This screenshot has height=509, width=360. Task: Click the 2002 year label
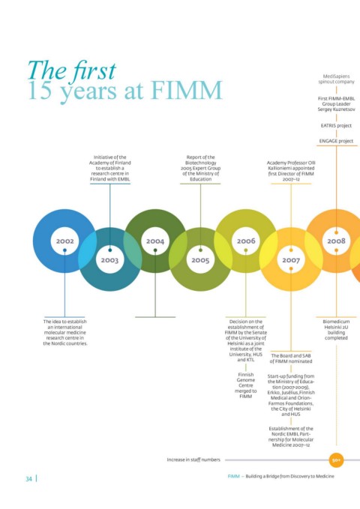click(65, 241)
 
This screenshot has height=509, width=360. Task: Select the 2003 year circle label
click(109, 260)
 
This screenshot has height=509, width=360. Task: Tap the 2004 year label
click(155, 241)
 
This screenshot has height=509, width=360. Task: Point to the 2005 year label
click(200, 260)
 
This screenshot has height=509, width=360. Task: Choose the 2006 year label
click(246, 241)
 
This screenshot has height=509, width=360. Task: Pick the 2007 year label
click(291, 260)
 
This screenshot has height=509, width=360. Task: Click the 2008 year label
click(336, 241)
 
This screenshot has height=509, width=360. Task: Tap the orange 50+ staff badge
click(336, 460)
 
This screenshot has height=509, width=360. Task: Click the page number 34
click(29, 479)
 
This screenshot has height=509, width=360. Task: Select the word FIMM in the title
click(187, 90)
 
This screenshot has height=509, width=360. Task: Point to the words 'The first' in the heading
click(72, 70)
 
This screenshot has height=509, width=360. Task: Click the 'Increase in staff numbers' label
click(193, 460)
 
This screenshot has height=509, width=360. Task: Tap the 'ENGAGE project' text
click(336, 141)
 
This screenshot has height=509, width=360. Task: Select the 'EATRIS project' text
click(336, 126)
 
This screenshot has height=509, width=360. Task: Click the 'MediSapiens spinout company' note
click(336, 79)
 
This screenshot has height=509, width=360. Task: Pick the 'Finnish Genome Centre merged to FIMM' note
click(246, 385)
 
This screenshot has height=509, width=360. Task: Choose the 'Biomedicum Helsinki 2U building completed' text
click(336, 330)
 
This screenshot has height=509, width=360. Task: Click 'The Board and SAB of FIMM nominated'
click(291, 358)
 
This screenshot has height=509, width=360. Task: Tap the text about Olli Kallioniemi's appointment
click(291, 171)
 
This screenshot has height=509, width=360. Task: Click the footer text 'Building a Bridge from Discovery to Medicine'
click(289, 476)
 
